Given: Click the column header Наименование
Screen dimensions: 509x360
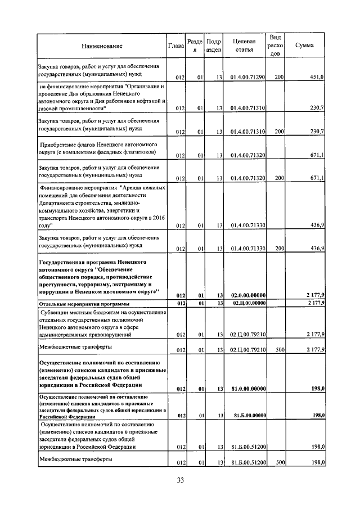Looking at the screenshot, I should pyautogui.click(x=101, y=45).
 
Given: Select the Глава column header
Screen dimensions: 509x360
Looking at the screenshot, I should pyautogui.click(x=176, y=45).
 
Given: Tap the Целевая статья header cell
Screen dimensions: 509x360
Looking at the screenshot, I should pyautogui.click(x=247, y=45).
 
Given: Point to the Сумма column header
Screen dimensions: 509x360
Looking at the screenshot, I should pyautogui.click(x=304, y=45).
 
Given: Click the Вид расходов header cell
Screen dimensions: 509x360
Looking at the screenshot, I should pyautogui.click(x=276, y=45).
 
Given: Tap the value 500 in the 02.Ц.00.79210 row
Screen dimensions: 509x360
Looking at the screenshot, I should pyautogui.click(x=278, y=349).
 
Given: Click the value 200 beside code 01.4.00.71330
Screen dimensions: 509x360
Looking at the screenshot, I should pyautogui.click(x=278, y=248).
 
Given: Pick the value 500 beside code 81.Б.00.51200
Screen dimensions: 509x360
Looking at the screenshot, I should pyautogui.click(x=278, y=462).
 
